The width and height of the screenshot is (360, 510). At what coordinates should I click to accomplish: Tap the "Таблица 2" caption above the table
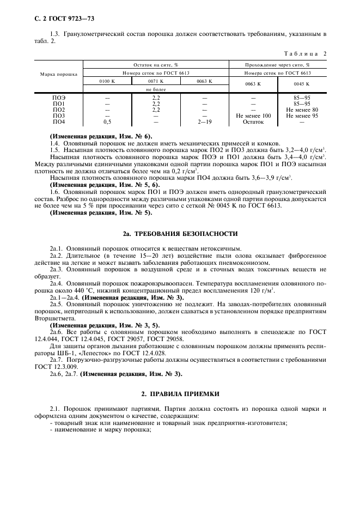tap(306, 53)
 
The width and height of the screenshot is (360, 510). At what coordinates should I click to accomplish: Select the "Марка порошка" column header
tap(58, 74)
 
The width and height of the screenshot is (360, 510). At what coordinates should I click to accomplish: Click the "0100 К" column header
tap(107, 81)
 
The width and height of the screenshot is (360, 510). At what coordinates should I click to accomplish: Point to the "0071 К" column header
tap(156, 81)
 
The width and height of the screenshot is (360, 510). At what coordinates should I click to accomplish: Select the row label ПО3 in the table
tap(59, 116)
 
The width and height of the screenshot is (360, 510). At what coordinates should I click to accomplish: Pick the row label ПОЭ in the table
tap(59, 98)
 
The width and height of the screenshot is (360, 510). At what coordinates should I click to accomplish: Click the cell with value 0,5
tap(107, 122)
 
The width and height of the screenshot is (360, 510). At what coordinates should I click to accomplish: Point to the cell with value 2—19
tap(204, 122)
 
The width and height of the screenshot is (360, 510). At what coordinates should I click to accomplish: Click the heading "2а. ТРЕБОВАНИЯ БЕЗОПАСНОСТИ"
tap(180, 233)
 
